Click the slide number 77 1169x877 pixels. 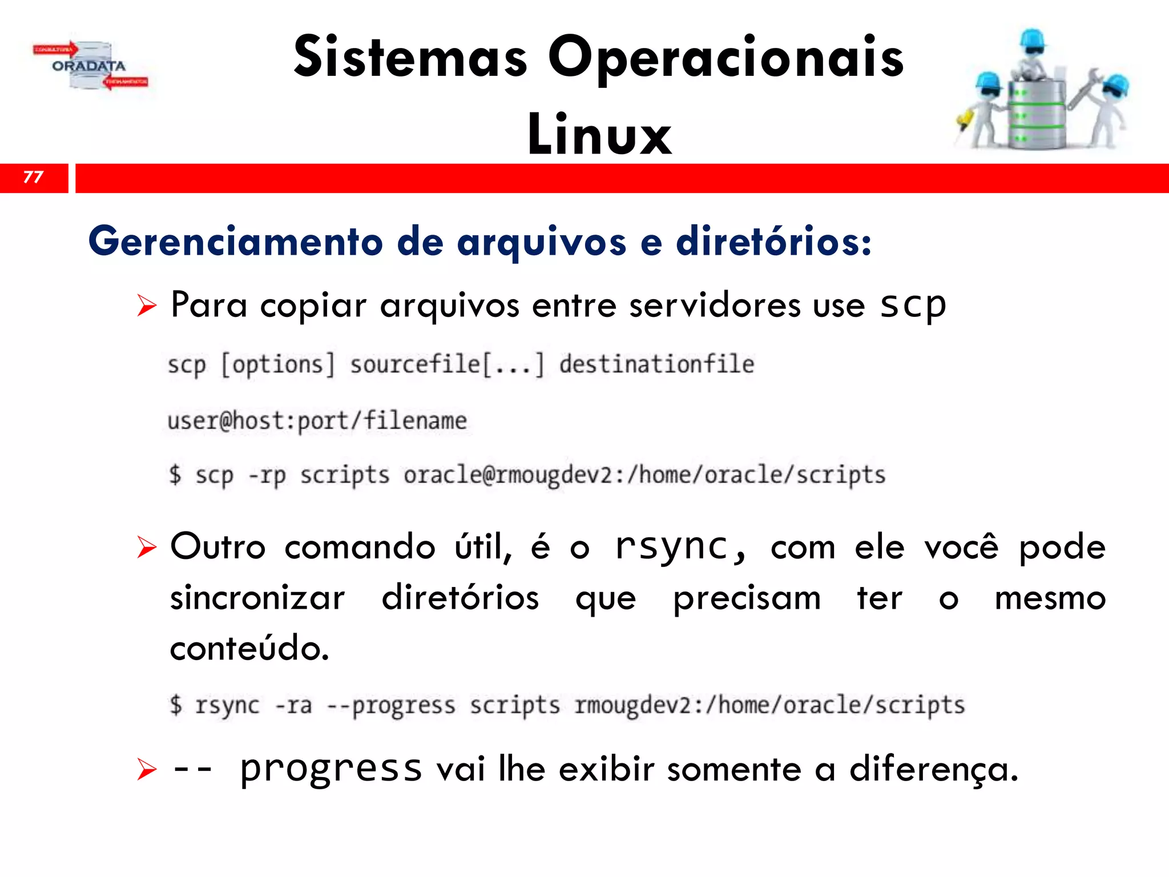pyautogui.click(x=33, y=177)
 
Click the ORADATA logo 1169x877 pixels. pyautogui.click(x=90, y=66)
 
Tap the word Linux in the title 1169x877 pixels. pyautogui.click(x=599, y=135)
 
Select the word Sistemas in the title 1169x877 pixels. pyautogui.click(x=410, y=57)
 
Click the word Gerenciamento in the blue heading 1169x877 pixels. pyautogui.click(x=235, y=242)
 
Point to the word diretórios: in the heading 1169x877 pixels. pyautogui.click(x=773, y=242)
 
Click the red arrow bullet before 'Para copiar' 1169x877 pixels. pyautogui.click(x=146, y=306)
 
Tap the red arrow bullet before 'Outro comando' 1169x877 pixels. pyautogui.click(x=146, y=548)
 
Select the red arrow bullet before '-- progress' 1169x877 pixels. pyautogui.click(x=146, y=770)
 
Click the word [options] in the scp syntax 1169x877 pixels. pyautogui.click(x=278, y=365)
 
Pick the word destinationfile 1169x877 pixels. pyautogui.click(x=656, y=365)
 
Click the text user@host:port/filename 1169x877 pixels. pyautogui.click(x=317, y=421)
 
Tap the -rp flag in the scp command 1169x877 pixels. pyautogui.click(x=267, y=475)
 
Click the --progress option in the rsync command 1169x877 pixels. pyautogui.click(x=391, y=706)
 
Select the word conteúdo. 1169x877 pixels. pyautogui.click(x=249, y=649)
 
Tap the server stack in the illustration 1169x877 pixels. pyautogui.click(x=1036, y=114)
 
